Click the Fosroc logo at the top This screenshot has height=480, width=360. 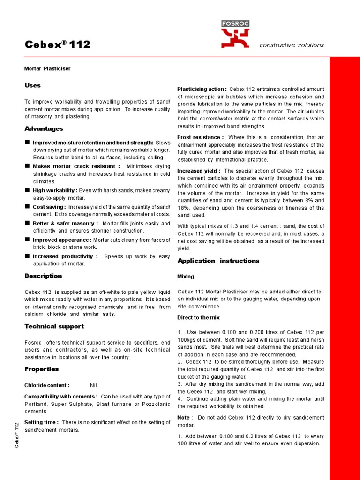(236, 34)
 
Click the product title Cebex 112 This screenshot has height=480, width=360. (57, 45)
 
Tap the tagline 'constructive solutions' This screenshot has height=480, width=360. (291, 45)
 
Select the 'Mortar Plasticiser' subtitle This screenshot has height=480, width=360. (47, 68)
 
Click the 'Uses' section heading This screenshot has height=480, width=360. (32, 85)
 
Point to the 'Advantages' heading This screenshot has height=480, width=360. (44, 128)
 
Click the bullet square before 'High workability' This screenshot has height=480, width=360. (27, 190)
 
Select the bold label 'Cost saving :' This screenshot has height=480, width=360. (49, 207)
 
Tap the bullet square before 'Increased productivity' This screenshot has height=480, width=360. (27, 256)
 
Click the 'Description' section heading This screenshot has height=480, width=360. (43, 276)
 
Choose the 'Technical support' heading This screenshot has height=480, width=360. (54, 326)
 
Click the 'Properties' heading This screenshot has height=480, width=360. (42, 369)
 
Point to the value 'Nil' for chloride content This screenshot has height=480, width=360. (93, 385)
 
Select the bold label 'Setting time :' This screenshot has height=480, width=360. (41, 422)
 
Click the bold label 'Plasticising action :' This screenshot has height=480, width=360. (202, 89)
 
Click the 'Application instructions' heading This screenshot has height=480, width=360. (218, 261)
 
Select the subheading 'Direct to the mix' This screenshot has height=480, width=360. (198, 318)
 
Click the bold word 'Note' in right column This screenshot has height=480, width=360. (183, 418)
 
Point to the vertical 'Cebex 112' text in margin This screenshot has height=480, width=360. (16, 435)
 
